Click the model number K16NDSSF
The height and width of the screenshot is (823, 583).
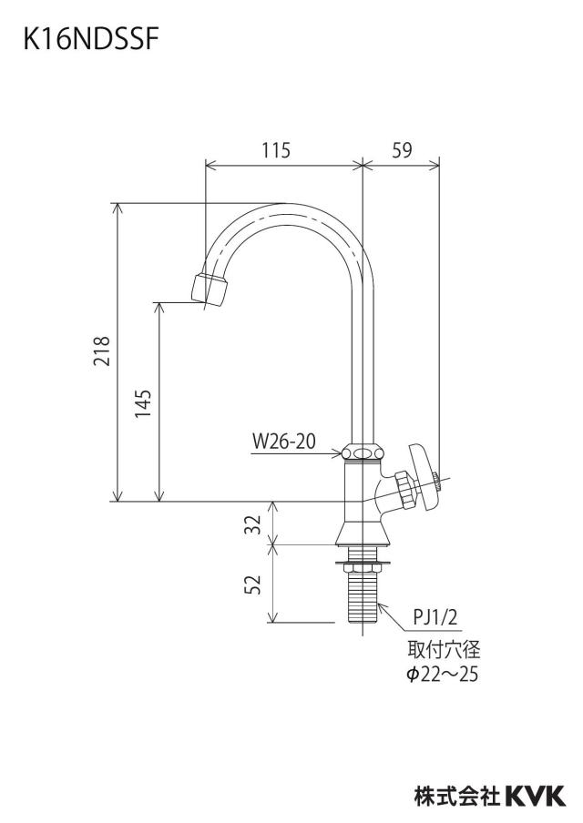[x=90, y=39]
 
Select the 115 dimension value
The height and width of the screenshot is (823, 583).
[x=276, y=150]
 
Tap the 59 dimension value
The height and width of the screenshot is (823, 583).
[x=402, y=150]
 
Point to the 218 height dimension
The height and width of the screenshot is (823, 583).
[x=101, y=351]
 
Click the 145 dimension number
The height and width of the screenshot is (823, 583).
[x=143, y=403]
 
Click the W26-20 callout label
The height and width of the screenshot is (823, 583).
[x=283, y=442]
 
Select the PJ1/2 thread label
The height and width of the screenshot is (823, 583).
[x=435, y=617]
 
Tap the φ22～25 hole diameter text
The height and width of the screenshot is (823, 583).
[x=443, y=674]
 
